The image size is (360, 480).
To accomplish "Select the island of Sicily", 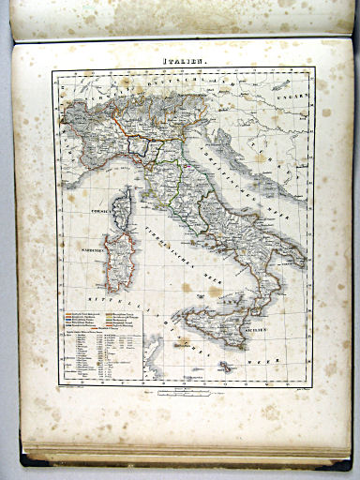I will (x=217, y=328).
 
